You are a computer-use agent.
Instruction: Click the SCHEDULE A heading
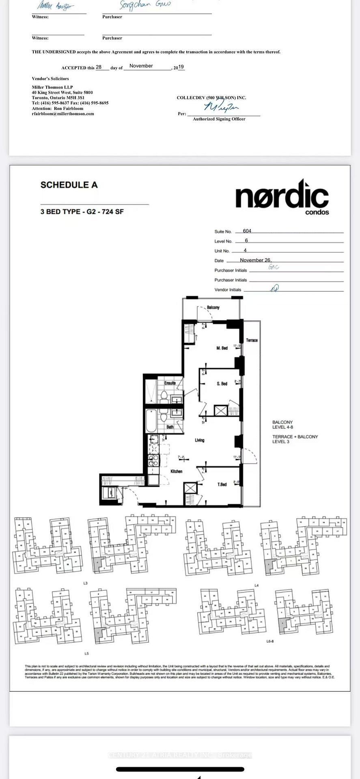(69, 185)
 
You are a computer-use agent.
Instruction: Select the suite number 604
(247, 231)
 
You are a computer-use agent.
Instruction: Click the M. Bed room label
(222, 348)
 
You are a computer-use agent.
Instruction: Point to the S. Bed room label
(222, 383)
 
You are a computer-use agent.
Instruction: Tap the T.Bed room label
(222, 484)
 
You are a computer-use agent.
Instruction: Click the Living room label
(199, 440)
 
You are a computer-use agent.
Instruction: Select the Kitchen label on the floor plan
(176, 471)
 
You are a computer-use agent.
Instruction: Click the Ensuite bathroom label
(170, 383)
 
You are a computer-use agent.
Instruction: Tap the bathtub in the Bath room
(151, 421)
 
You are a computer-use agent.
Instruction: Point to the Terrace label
(252, 340)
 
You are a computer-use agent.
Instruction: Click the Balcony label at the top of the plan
(213, 308)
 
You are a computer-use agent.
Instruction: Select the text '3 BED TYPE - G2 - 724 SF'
(82, 212)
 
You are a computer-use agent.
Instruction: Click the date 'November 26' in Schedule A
(255, 260)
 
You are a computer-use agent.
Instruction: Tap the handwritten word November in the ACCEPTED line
(141, 66)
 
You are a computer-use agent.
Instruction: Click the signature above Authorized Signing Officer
(221, 107)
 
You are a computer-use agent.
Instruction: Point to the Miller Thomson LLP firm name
(52, 87)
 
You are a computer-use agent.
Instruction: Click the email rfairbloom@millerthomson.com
(63, 114)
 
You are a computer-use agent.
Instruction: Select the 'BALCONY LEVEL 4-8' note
(282, 425)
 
